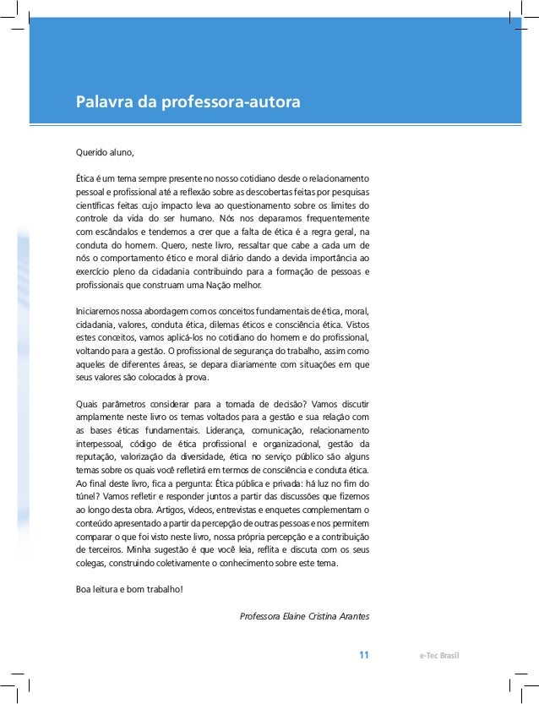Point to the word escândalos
[x=121, y=231]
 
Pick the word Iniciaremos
[x=97, y=311]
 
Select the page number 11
[x=364, y=655]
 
